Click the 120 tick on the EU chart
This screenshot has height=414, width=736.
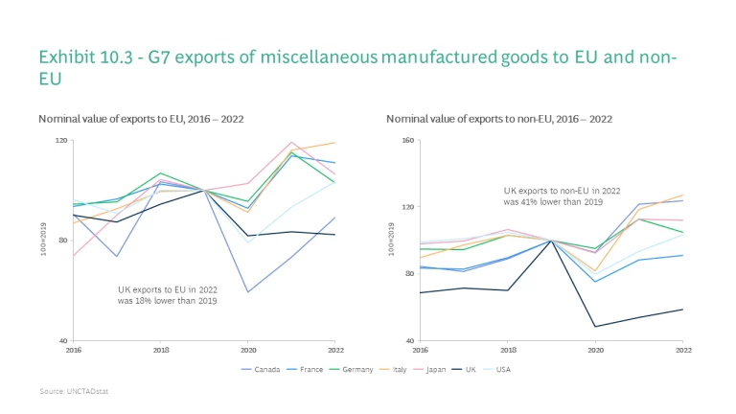click(62, 140)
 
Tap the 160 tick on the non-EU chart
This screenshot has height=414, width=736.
click(407, 140)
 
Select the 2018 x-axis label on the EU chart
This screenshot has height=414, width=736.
click(161, 351)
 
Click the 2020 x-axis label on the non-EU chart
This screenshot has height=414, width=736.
click(596, 351)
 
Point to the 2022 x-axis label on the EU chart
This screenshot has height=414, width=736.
click(335, 351)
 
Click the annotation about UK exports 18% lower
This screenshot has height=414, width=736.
click(168, 295)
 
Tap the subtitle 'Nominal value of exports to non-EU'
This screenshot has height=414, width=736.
click(498, 119)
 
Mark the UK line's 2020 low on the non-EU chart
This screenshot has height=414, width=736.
click(596, 327)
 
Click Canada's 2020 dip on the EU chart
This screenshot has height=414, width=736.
click(248, 291)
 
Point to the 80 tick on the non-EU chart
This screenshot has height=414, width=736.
click(409, 274)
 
